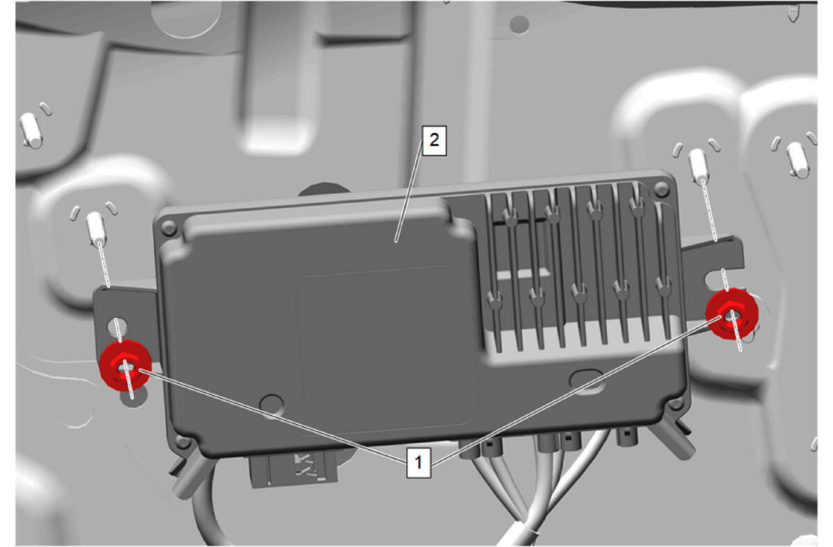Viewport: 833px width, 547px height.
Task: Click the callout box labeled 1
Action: pyautogui.click(x=419, y=462)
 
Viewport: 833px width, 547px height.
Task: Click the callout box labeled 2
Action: pyautogui.click(x=434, y=140)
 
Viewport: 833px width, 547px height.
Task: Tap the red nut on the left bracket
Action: pyautogui.click(x=126, y=365)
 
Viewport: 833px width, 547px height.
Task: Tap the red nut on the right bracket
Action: pyautogui.click(x=732, y=313)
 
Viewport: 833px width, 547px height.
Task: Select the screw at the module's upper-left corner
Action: pyautogui.click(x=169, y=228)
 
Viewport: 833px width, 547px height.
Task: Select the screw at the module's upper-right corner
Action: pyautogui.click(x=662, y=189)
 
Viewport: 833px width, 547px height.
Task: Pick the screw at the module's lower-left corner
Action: pyautogui.click(x=183, y=441)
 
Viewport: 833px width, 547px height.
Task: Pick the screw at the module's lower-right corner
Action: pyautogui.click(x=675, y=403)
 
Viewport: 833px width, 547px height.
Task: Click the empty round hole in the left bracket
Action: pyautogui.click(x=117, y=326)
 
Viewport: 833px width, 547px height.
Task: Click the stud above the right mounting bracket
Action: pyautogui.click(x=698, y=165)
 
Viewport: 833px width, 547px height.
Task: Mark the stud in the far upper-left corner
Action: pyautogui.click(x=31, y=130)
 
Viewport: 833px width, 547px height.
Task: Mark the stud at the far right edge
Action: pyautogui.click(x=798, y=159)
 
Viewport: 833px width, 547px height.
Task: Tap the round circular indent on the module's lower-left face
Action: pyautogui.click(x=271, y=405)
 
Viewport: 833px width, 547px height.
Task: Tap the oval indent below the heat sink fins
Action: pyautogui.click(x=587, y=378)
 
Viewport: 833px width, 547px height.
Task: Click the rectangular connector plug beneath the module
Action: pyautogui.click(x=294, y=469)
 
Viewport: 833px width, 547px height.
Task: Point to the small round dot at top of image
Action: pyautogui.click(x=519, y=24)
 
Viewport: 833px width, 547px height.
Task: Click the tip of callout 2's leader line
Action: pyautogui.click(x=396, y=242)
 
